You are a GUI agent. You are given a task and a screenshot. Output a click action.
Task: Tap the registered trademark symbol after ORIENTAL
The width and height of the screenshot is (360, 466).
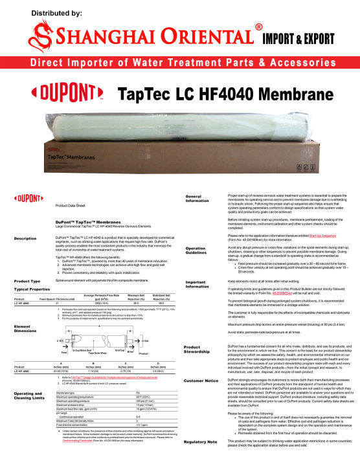259,27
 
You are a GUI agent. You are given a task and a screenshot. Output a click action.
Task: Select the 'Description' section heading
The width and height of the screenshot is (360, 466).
25,239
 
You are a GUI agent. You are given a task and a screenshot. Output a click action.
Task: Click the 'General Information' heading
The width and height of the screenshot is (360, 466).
197,198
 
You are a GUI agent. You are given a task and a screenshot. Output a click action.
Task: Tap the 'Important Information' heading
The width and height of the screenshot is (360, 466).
197,284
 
